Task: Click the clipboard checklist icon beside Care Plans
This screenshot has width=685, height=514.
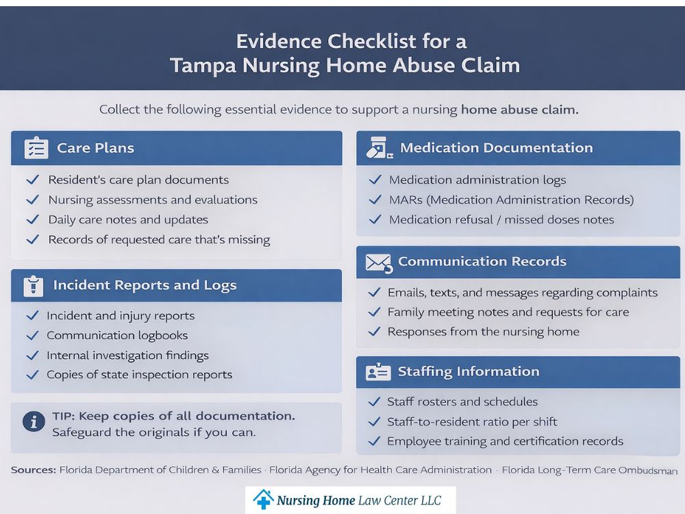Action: [36, 148]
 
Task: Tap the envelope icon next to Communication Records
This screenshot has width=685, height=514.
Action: [378, 262]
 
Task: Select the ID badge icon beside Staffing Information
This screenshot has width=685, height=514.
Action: [378, 372]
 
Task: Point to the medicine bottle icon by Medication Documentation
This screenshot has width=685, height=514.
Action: [377, 148]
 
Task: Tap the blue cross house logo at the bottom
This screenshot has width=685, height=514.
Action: [263, 500]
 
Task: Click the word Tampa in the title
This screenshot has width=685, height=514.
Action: [202, 66]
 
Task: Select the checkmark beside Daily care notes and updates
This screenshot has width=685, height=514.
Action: [32, 220]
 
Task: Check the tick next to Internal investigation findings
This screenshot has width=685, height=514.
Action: [32, 355]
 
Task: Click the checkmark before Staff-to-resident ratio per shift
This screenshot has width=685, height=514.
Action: [374, 421]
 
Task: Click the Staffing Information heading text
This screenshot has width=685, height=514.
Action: [469, 371]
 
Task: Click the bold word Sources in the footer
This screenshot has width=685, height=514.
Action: [34, 470]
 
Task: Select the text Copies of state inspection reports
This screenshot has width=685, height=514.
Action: [139, 375]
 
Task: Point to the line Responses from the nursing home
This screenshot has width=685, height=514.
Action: [483, 332]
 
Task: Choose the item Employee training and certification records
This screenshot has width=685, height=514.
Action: [505, 441]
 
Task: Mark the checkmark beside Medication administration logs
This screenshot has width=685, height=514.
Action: [375, 180]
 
